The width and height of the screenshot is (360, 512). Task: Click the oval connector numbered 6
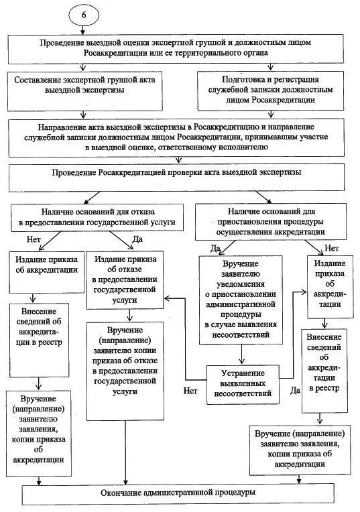(x=84, y=15)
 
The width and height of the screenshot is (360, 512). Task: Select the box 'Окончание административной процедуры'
(x=178, y=493)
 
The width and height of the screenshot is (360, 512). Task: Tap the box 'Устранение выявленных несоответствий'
(x=243, y=384)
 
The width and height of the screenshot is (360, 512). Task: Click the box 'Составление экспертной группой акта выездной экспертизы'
(x=84, y=91)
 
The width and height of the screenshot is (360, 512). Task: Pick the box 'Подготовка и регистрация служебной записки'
(x=270, y=90)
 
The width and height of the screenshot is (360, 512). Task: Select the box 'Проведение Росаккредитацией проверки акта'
(x=176, y=178)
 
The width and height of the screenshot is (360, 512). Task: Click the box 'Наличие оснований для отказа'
(x=97, y=218)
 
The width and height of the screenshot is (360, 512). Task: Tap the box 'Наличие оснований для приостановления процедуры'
(x=270, y=222)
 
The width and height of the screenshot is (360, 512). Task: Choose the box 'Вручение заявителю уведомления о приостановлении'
(x=241, y=300)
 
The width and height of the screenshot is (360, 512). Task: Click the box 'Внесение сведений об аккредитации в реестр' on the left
(x=39, y=340)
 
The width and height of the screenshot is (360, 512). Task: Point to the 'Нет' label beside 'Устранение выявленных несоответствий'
(x=190, y=391)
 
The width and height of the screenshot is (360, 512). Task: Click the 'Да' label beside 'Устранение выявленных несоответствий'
(x=295, y=390)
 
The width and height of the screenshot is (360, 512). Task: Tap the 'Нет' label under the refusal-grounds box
(x=34, y=239)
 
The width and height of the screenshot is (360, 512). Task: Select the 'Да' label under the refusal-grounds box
(x=137, y=239)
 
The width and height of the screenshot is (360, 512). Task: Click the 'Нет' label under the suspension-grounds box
(x=331, y=248)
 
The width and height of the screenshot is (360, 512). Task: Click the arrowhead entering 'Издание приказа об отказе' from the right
(x=166, y=298)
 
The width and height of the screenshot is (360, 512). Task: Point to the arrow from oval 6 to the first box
(x=82, y=29)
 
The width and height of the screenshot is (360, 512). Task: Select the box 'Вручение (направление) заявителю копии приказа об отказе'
(x=125, y=371)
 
